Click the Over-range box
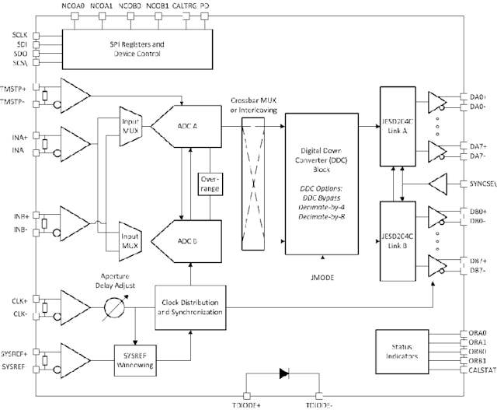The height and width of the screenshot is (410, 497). click(x=210, y=184)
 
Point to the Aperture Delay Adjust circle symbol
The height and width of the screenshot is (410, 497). click(x=115, y=306)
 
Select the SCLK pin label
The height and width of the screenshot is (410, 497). click(x=19, y=35)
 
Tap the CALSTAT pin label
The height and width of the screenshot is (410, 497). click(x=480, y=370)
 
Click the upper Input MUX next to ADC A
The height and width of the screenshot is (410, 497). click(x=130, y=125)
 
